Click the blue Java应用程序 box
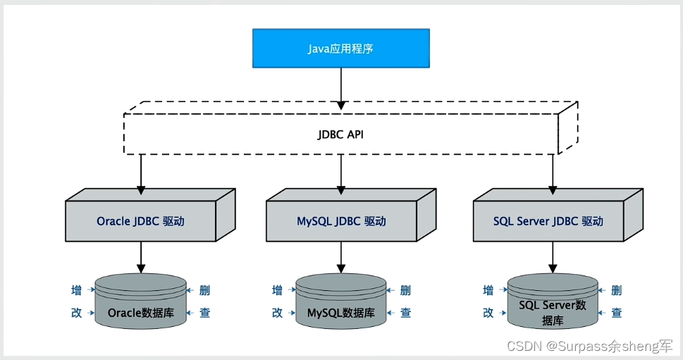click(341, 49)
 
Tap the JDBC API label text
click(341, 134)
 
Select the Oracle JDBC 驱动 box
click(140, 221)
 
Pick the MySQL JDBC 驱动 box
click(341, 221)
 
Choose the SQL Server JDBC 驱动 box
click(548, 221)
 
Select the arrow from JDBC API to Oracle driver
click(140, 173)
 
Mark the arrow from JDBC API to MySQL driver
click(341, 173)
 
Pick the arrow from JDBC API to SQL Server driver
click(553, 173)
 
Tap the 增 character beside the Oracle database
click(76, 290)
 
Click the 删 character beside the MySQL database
click(405, 290)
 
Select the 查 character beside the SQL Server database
click(617, 313)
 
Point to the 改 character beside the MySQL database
click(278, 313)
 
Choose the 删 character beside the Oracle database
click(204, 290)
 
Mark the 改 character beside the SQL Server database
click(488, 313)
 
